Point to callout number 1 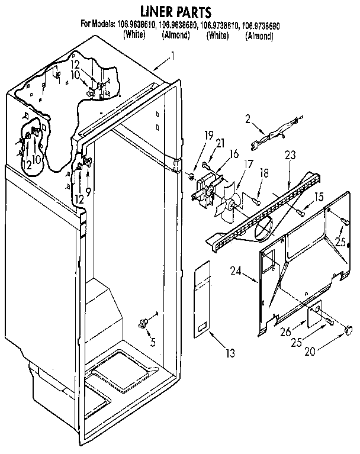(x=172, y=57)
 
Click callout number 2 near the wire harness (x=247, y=119)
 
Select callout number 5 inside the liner (x=153, y=341)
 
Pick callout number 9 (x=89, y=192)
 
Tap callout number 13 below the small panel (x=229, y=353)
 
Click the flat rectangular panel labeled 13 (x=202, y=301)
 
